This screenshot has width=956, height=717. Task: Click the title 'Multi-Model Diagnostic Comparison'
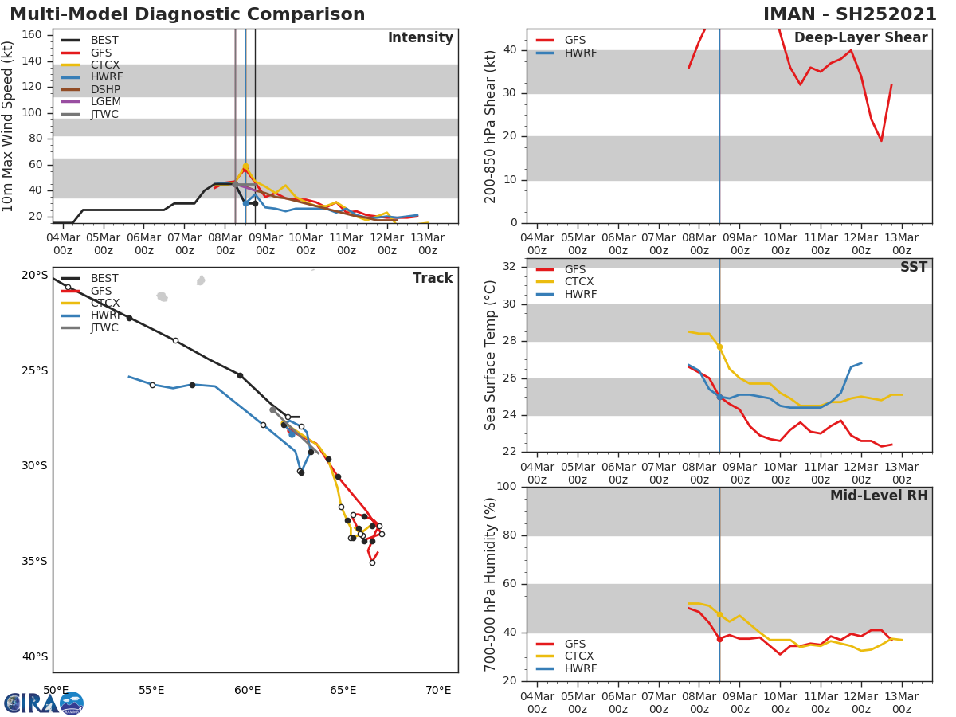(x=187, y=14)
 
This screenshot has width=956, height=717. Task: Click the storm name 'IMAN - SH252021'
(x=849, y=14)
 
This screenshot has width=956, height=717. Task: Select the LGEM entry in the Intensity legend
(x=104, y=102)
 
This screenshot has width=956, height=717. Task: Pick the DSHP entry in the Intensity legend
(x=106, y=89)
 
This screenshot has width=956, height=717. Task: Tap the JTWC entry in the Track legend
(x=104, y=328)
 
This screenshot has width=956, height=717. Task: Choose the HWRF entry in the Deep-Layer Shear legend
(x=580, y=53)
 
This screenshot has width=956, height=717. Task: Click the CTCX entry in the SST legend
(x=580, y=282)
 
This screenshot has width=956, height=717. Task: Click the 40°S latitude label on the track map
(x=34, y=657)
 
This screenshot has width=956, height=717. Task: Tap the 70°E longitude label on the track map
(x=438, y=690)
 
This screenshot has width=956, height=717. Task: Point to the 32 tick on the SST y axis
(x=511, y=267)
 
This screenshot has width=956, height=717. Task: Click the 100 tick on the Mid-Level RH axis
(x=507, y=487)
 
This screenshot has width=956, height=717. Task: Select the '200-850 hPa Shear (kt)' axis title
(x=491, y=126)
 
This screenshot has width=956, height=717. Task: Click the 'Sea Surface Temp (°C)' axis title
(x=491, y=355)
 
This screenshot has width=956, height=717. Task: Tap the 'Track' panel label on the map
(x=432, y=279)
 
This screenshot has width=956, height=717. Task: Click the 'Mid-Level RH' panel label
(x=879, y=496)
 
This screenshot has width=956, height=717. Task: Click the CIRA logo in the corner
(x=43, y=703)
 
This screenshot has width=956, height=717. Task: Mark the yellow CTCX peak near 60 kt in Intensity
(x=245, y=166)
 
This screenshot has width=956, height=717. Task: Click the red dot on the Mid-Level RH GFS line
(x=719, y=639)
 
